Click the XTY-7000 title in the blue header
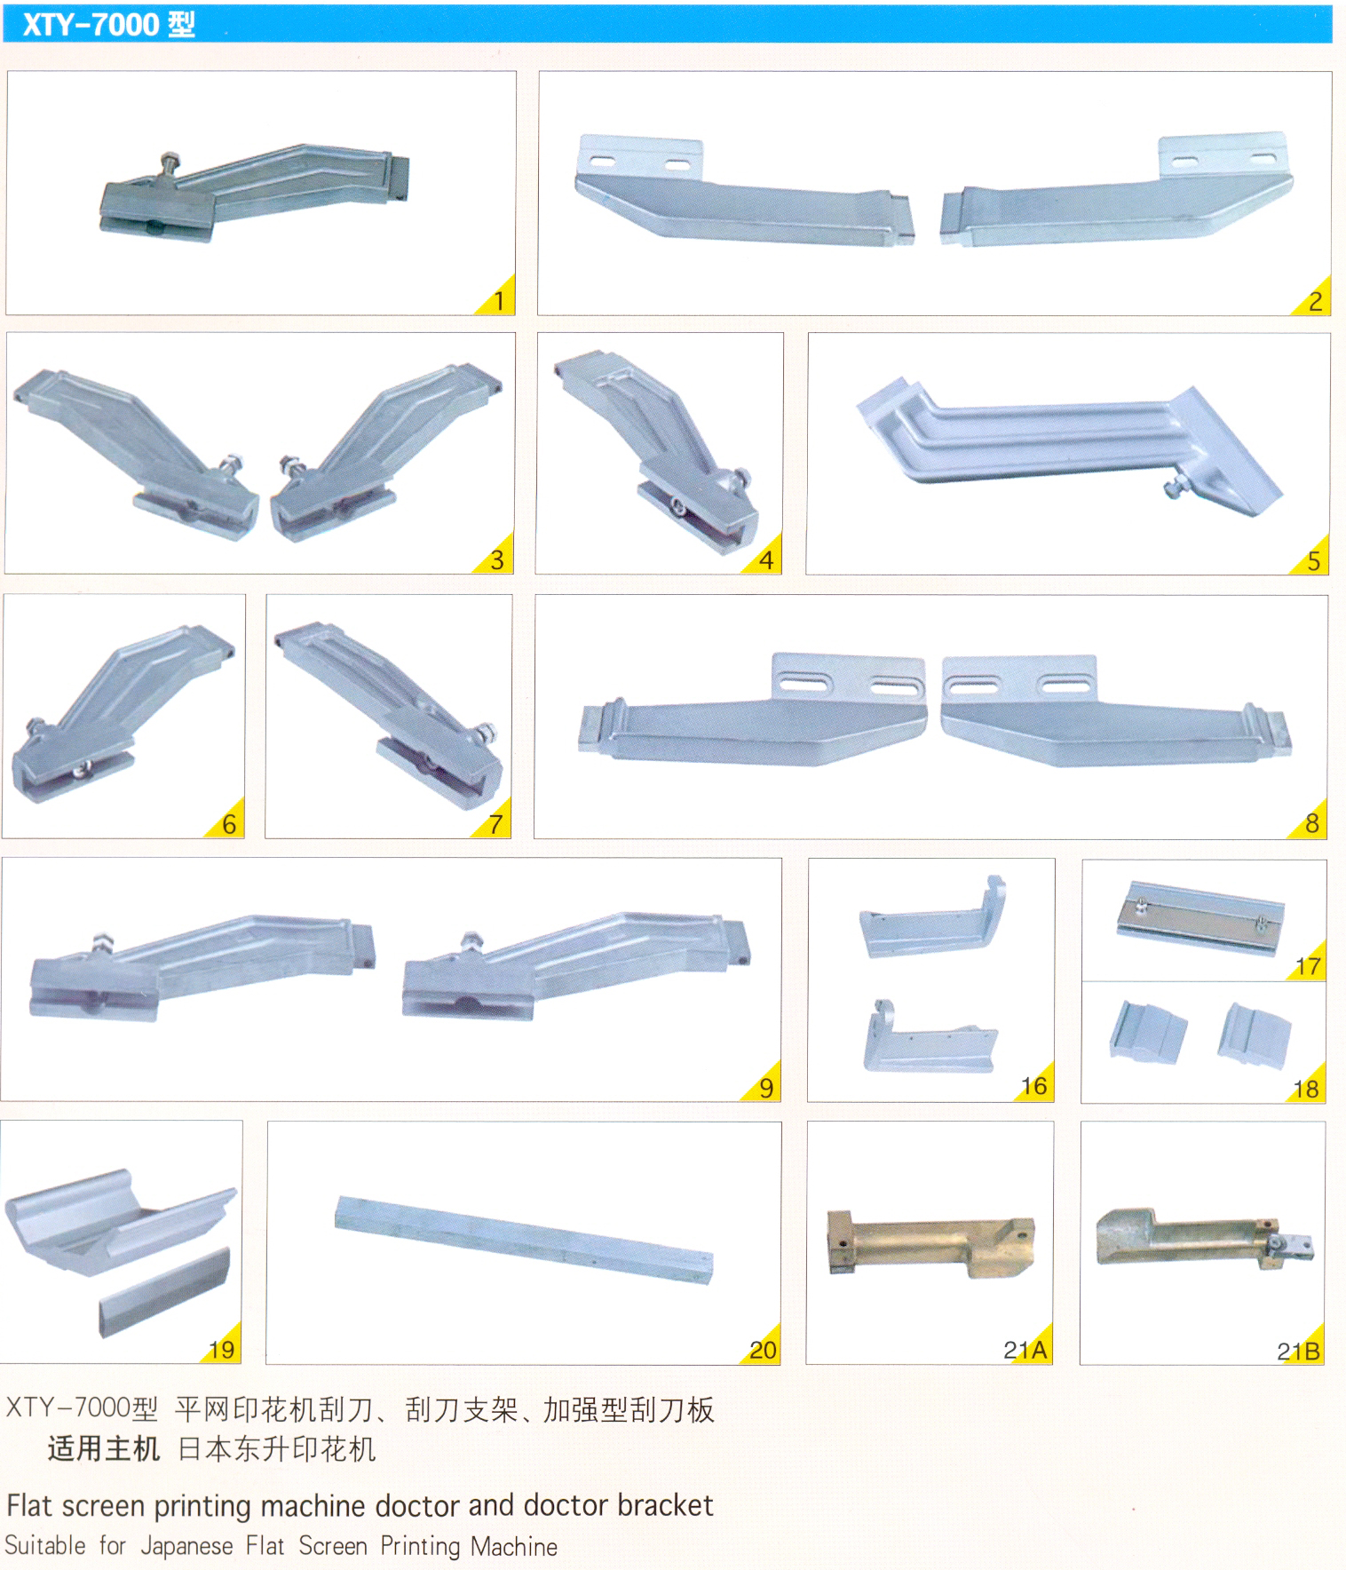108,24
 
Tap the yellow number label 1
500,301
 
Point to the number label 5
1314,561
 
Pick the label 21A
1025,1351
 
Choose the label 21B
1299,1352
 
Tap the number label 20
763,1351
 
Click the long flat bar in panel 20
524,1239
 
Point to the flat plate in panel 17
1200,918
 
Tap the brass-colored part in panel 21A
930,1243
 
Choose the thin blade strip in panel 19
164,1294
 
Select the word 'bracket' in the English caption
665,1505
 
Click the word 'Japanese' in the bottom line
187,1546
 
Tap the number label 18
1306,1090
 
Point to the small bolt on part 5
1176,487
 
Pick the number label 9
766,1088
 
